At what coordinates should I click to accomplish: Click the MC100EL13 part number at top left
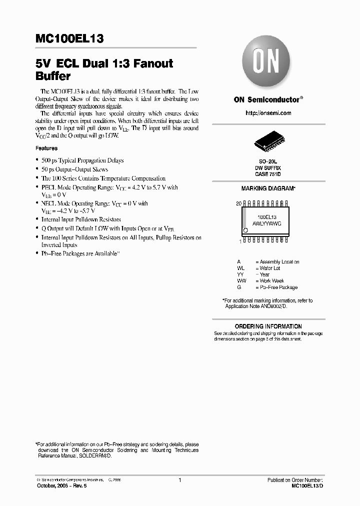[x=69, y=38]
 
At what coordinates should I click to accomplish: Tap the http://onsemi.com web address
[x=268, y=113]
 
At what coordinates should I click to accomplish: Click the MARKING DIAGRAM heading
[x=268, y=188]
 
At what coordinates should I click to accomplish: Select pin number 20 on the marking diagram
[x=238, y=203]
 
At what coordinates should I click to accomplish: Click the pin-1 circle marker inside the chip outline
[x=245, y=230]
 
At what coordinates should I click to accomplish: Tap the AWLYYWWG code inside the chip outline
[x=267, y=224]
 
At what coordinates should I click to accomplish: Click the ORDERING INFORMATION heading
[x=268, y=326]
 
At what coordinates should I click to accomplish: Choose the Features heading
[x=46, y=148]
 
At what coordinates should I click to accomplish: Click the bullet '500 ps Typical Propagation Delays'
[x=82, y=160]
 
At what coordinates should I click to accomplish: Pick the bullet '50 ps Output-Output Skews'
[x=74, y=169]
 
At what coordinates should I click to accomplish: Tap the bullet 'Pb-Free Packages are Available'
[x=80, y=254]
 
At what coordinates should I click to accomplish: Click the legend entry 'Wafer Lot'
[x=270, y=268]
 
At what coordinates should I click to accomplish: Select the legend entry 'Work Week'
[x=271, y=281]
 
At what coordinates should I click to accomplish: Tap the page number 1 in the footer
[x=179, y=480]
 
